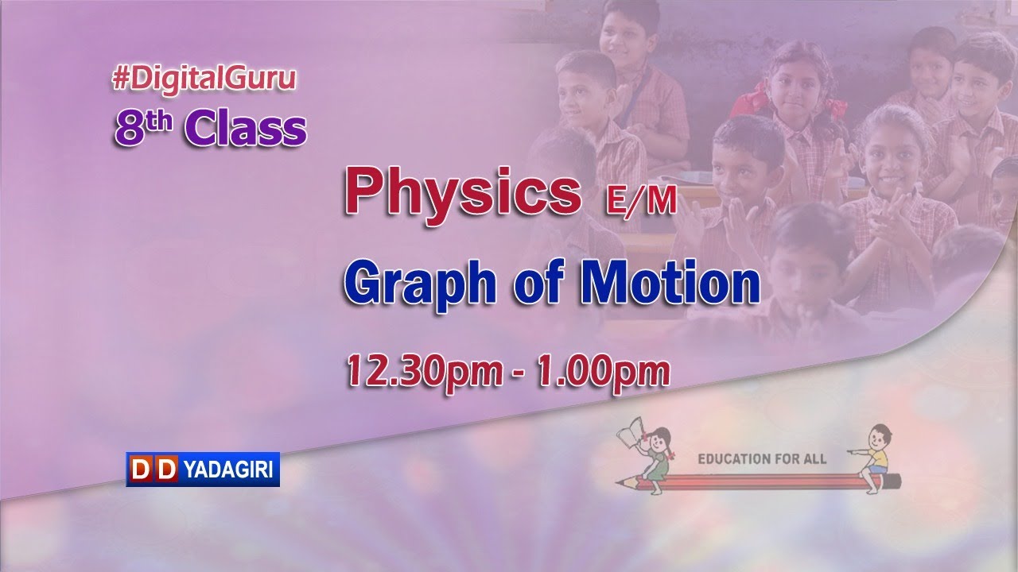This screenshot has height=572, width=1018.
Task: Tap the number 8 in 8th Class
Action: pos(127,129)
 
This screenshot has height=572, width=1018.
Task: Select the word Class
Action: pos(246,129)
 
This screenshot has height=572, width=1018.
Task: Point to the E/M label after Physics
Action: pos(640,203)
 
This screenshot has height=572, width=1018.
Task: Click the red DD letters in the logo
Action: pos(153,470)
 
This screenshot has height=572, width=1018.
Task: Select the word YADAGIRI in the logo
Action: pos(228,470)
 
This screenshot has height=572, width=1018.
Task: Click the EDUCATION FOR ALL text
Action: pos(761,459)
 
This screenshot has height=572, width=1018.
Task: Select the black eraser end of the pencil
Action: pos(894,481)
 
